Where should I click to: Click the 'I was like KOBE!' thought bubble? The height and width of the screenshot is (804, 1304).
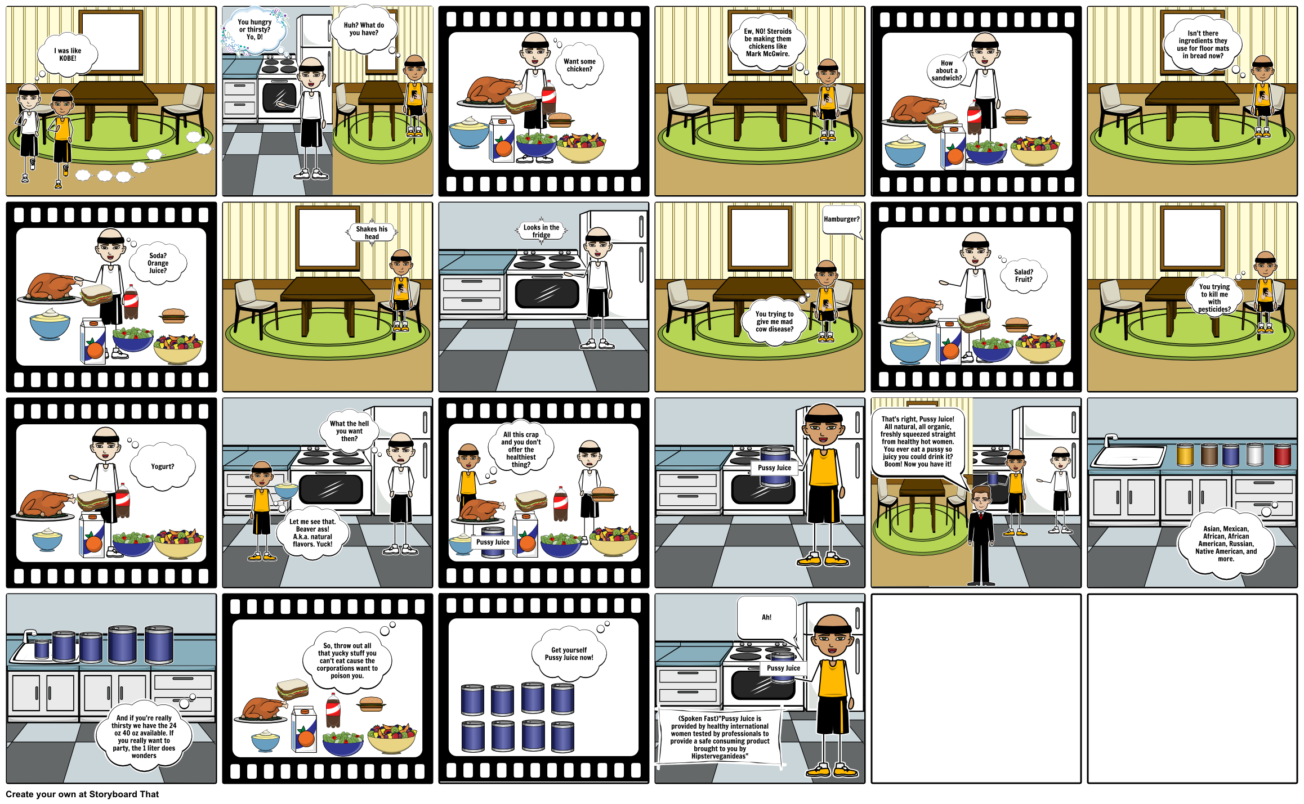[x=68, y=55]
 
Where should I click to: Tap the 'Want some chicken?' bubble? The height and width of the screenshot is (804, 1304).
[x=579, y=65]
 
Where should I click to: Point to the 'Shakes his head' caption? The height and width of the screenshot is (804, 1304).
[x=372, y=232]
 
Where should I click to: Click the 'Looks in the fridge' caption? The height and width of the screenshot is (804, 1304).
[x=541, y=231]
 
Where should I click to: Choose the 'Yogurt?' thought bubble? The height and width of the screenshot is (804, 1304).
[x=163, y=466]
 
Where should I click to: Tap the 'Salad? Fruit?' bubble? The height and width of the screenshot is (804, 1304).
[x=1024, y=276]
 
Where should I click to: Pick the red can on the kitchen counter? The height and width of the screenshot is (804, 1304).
[x=1282, y=454]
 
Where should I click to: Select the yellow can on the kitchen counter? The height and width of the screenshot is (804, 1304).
[x=1185, y=454]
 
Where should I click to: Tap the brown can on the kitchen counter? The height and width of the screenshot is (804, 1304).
[x=1209, y=454]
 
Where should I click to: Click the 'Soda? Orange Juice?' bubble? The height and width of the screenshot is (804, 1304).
[x=158, y=263]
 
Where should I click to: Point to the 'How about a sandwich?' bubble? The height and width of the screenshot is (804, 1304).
[x=947, y=71]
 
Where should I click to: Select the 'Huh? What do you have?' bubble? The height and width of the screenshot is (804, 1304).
[x=364, y=29]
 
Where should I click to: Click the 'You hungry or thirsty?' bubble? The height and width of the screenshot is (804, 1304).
[x=254, y=30]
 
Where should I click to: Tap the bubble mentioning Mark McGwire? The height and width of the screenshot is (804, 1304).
[x=767, y=43]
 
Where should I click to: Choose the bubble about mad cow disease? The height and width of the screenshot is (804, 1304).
[x=774, y=322]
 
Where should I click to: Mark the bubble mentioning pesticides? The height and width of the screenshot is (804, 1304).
[x=1214, y=298]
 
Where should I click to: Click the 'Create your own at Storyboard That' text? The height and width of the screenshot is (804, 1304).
[x=82, y=794]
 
